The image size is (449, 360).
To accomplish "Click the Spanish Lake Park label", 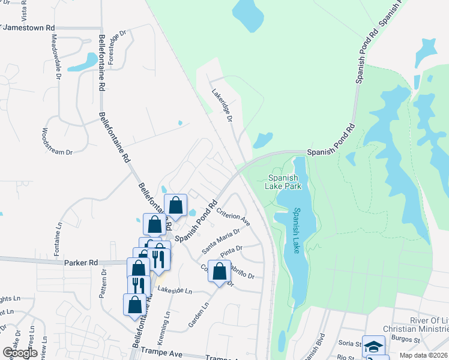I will pos(284,182).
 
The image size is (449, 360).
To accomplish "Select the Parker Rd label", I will pos(80,263).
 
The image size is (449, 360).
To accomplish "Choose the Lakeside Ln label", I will pos(175,290).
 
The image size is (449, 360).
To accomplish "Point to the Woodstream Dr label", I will pos(57,142).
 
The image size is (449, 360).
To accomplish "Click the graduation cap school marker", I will pos(373,346).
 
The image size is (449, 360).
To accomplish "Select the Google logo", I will pos(20,353).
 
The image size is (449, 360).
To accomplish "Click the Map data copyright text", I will pos(424,355).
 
